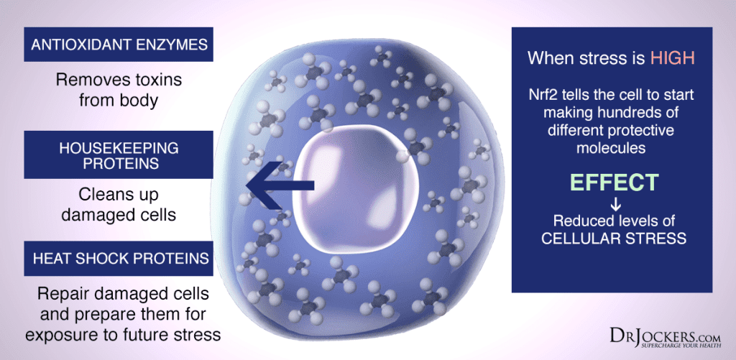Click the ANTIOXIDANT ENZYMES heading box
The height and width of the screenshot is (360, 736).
[x=119, y=45]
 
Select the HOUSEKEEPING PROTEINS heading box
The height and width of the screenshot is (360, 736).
[x=119, y=155]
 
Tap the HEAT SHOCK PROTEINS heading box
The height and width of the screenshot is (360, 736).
[x=119, y=259]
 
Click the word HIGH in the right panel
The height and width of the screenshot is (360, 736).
[x=672, y=58]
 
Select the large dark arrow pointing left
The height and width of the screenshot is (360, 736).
[x=280, y=185]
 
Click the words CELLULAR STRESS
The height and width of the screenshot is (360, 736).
[x=614, y=238]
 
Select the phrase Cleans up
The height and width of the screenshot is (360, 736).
[x=119, y=194]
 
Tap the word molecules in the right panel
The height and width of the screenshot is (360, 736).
[x=610, y=148]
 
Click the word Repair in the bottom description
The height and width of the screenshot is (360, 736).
[x=62, y=295]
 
